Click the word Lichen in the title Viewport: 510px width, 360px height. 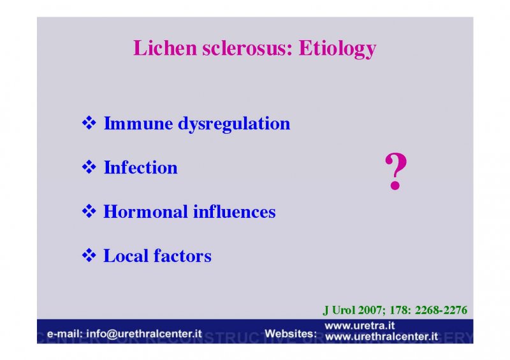click(x=165, y=48)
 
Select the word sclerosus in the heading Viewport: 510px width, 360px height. click(x=247, y=48)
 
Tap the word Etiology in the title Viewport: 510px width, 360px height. click(x=338, y=49)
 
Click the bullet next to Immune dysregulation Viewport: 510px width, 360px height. click(x=89, y=123)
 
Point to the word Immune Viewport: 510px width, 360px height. click(x=138, y=123)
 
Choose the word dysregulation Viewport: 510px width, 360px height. click(x=234, y=124)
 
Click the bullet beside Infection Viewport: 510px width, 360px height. click(x=89, y=167)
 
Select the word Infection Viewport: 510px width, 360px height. click(x=140, y=168)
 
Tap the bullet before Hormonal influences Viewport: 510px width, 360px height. click(x=89, y=211)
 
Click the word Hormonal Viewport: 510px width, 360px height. click(x=146, y=212)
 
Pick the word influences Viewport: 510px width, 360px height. click(x=235, y=212)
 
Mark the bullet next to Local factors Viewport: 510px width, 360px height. click(x=89, y=256)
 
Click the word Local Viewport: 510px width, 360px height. click(x=126, y=256)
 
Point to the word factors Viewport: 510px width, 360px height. click(x=182, y=256)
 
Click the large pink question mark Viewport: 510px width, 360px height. click(x=396, y=171)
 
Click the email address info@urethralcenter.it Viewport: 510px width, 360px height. click(x=144, y=334)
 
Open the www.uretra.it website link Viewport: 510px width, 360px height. click(x=360, y=326)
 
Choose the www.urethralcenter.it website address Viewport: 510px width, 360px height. click(x=381, y=336)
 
